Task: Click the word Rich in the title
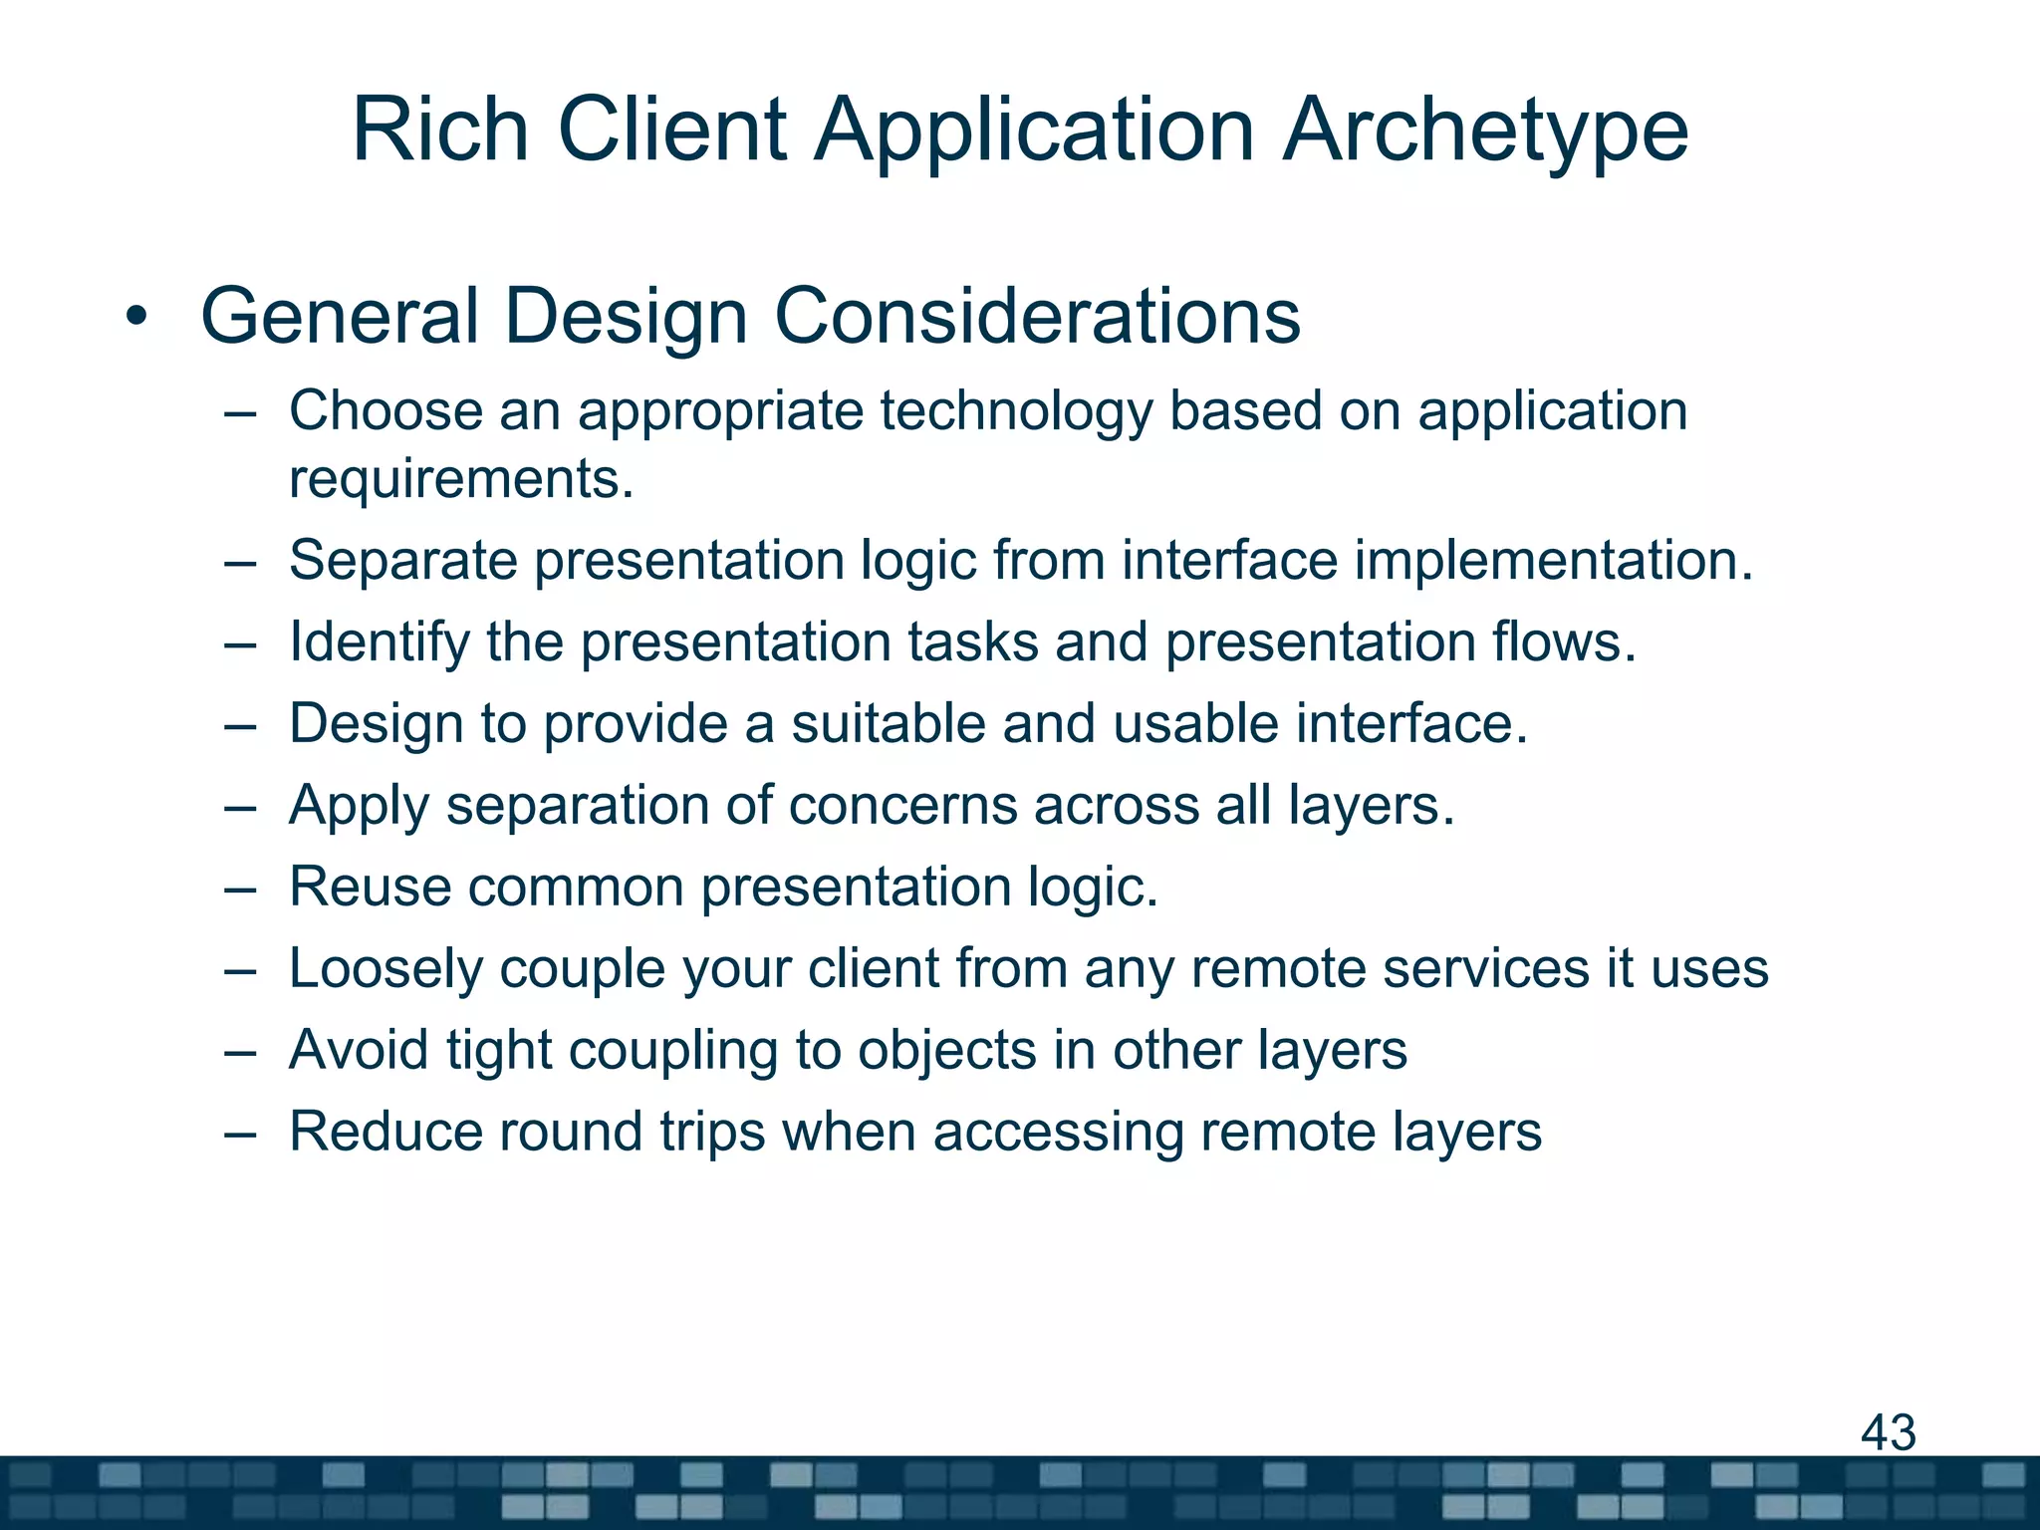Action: point(439,129)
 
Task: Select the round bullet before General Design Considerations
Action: point(136,318)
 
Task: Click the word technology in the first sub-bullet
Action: point(1016,411)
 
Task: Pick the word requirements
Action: point(460,479)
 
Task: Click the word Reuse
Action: point(370,887)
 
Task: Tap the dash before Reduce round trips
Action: point(240,1134)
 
